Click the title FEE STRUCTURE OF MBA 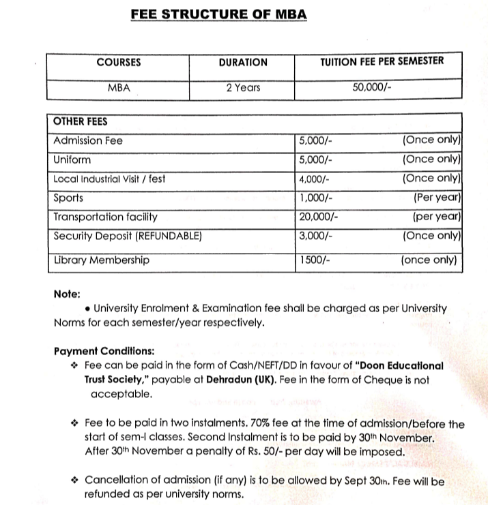[218, 13]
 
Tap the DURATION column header [243, 62]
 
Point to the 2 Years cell [243, 88]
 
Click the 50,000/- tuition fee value [371, 88]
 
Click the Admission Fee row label [88, 141]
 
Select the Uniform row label [72, 160]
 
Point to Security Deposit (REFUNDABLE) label [127, 236]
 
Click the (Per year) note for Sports [438, 198]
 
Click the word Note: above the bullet [67, 294]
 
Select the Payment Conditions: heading [104, 352]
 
